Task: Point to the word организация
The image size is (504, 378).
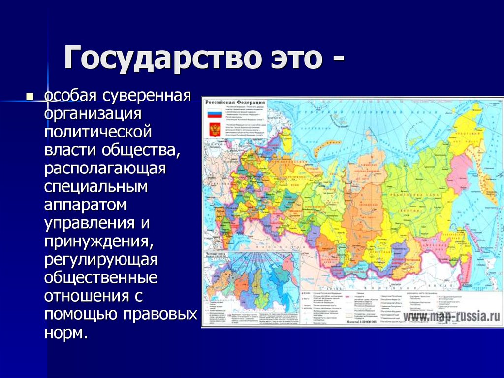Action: (93, 113)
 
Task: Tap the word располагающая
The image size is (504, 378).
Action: (105, 168)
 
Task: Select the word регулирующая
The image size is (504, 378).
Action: (101, 259)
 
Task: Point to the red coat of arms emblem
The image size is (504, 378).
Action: (214, 130)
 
